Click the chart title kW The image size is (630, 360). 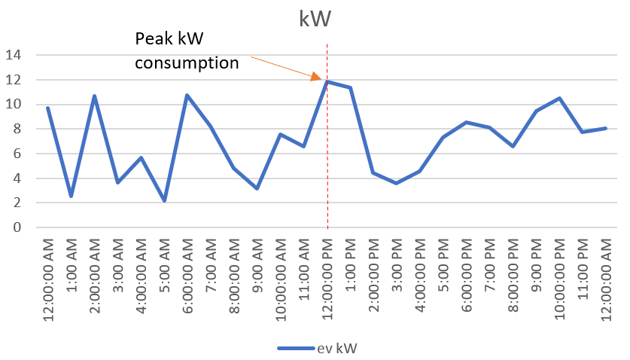(x=315, y=20)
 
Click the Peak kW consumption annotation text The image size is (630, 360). (x=187, y=51)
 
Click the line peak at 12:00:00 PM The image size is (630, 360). (x=327, y=81)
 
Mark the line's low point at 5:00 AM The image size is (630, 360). (x=164, y=200)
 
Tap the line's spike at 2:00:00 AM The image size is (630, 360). (x=94, y=96)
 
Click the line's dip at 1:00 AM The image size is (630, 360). (x=71, y=196)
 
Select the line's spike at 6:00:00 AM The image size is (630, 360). (x=187, y=95)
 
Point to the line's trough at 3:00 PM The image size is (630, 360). (x=397, y=183)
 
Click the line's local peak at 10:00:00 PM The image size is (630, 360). (x=559, y=98)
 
